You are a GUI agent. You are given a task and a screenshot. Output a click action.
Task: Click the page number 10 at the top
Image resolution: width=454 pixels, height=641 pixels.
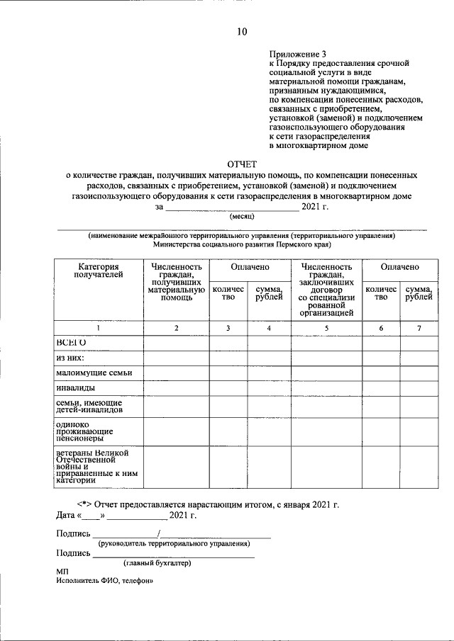pyautogui.click(x=242, y=31)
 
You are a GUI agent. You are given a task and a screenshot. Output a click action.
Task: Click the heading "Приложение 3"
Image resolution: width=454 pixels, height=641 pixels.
pyautogui.click(x=298, y=54)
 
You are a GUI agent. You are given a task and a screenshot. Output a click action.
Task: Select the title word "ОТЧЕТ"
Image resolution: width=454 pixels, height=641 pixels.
pyautogui.click(x=243, y=163)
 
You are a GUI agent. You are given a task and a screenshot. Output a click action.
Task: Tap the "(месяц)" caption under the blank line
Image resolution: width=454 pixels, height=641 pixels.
pyautogui.click(x=242, y=217)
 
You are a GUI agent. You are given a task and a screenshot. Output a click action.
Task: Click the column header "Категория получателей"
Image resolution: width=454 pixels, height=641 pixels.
pyautogui.click(x=99, y=271)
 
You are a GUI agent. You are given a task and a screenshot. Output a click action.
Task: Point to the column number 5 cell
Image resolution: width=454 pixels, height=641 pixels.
pyautogui.click(x=326, y=328)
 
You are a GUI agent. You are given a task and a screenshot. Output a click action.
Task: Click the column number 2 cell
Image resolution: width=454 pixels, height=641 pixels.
pyautogui.click(x=176, y=328)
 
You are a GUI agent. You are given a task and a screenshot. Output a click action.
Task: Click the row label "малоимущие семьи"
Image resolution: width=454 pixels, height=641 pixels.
pyautogui.click(x=94, y=373)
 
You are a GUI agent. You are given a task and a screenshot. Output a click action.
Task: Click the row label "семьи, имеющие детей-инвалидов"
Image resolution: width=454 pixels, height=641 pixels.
pyautogui.click(x=89, y=406)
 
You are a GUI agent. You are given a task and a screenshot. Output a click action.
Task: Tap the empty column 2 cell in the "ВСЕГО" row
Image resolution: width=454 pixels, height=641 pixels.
pyautogui.click(x=176, y=343)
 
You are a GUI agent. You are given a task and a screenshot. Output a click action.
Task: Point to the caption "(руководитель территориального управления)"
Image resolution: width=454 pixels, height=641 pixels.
pyautogui.click(x=174, y=544)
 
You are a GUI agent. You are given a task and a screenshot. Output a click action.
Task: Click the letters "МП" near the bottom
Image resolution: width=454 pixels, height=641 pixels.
pyautogui.click(x=62, y=571)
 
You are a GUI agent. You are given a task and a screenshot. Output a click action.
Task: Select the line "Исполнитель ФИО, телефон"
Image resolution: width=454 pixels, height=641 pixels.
pyautogui.click(x=105, y=580)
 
